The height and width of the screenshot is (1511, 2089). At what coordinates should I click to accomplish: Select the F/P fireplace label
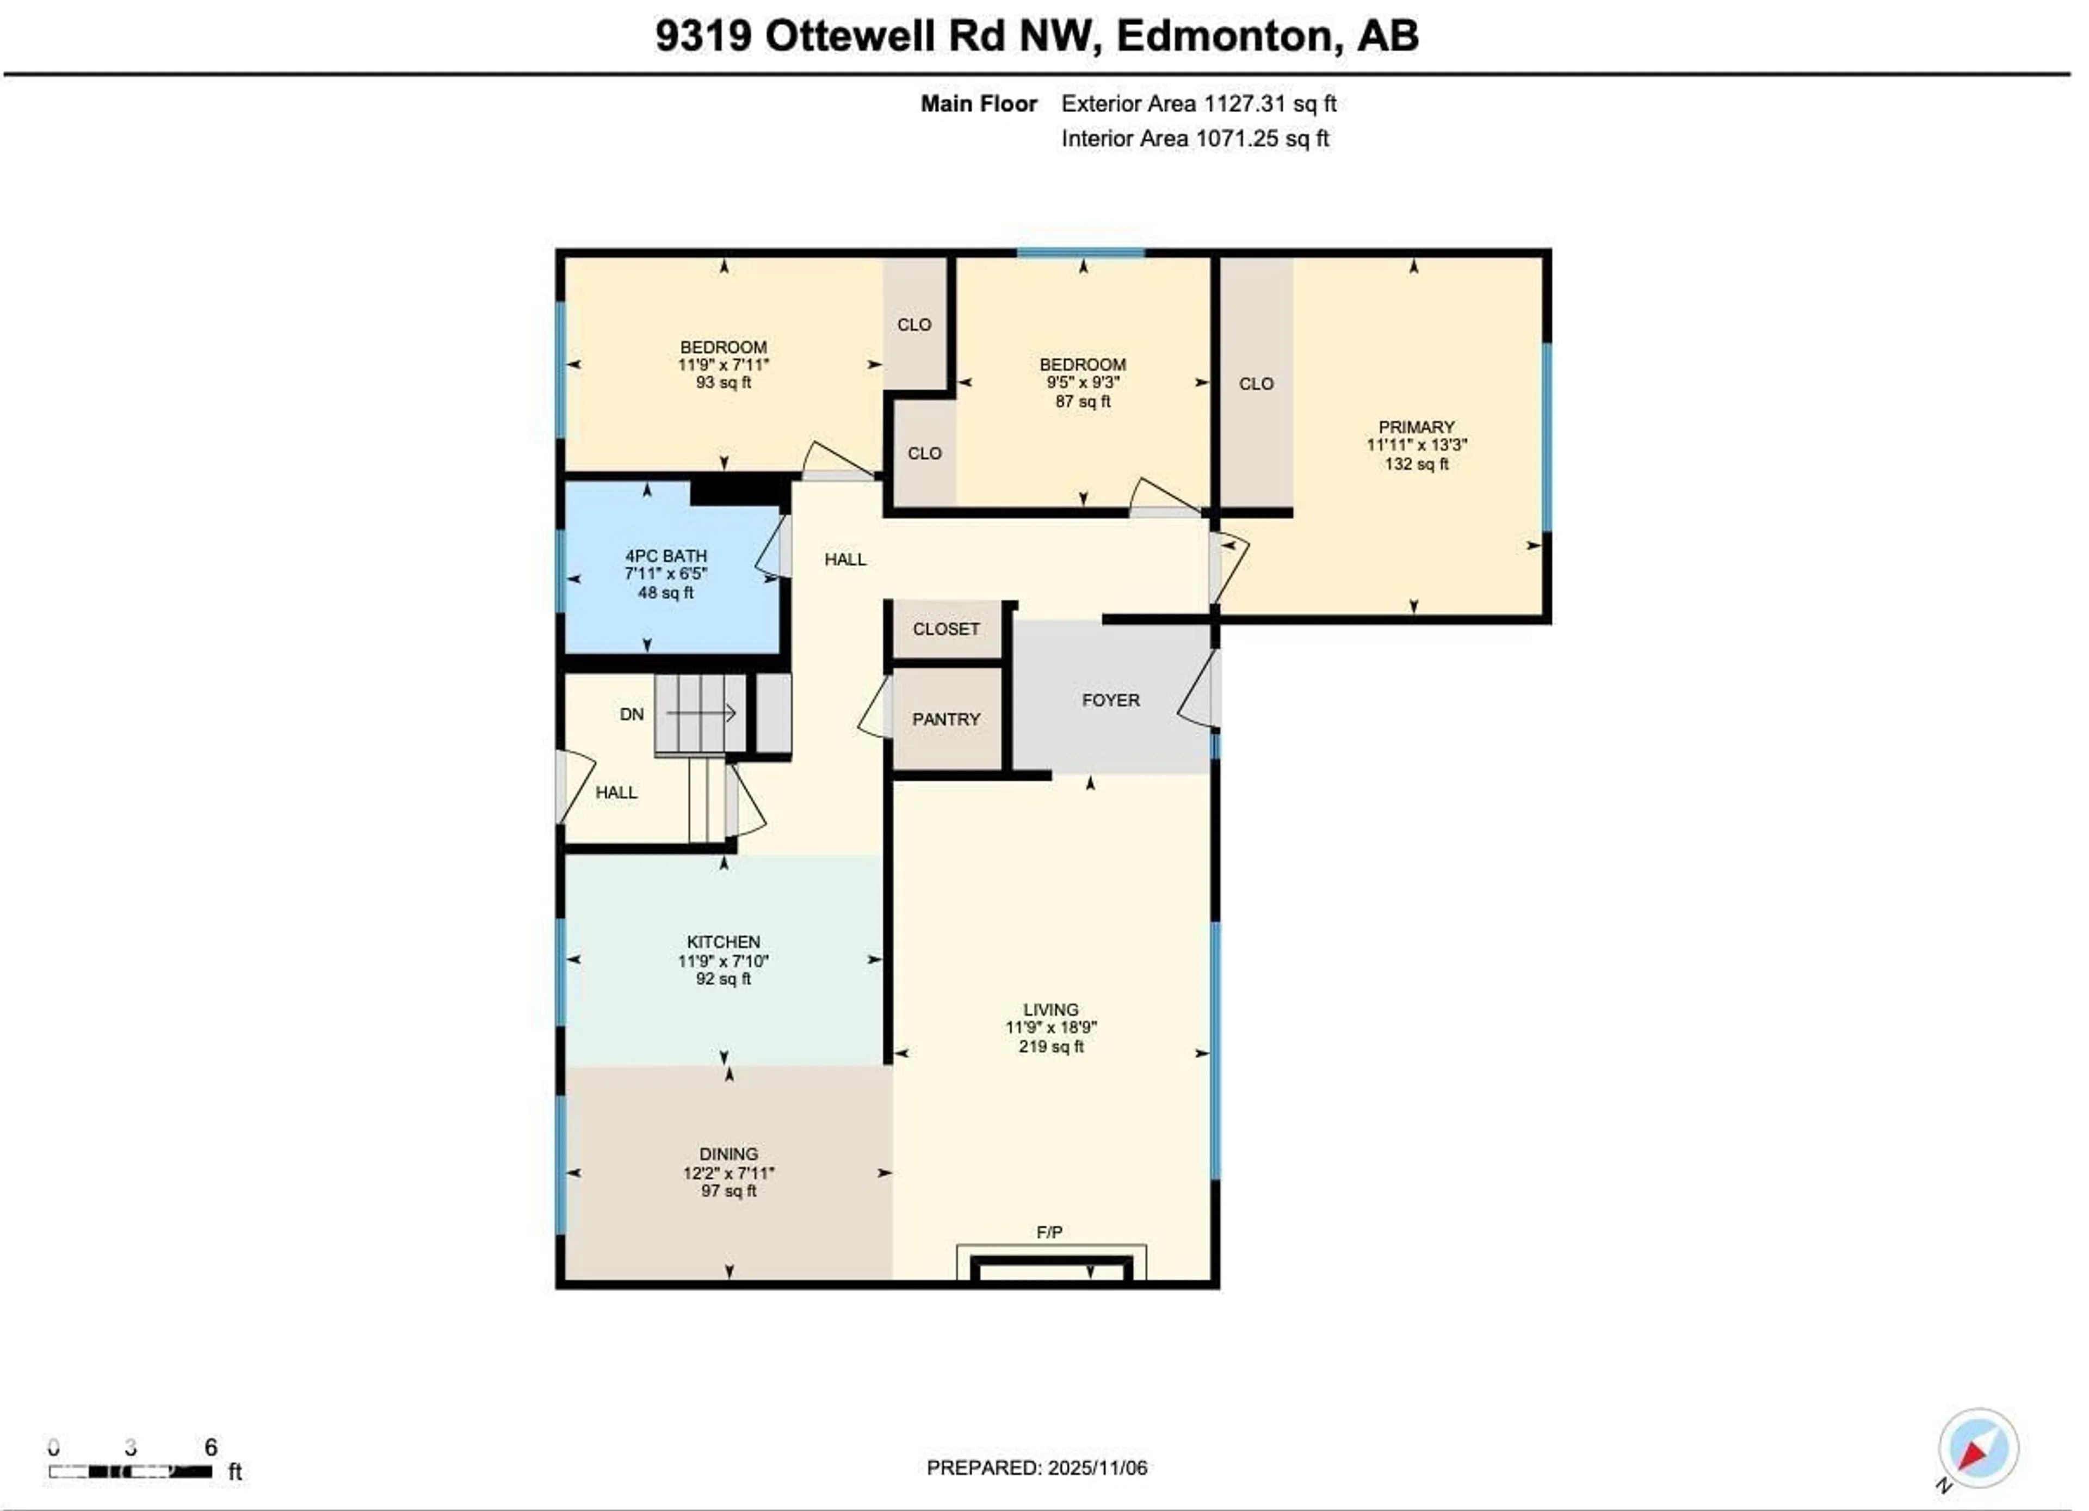1049,1232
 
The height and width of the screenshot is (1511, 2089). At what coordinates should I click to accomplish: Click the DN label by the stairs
631,714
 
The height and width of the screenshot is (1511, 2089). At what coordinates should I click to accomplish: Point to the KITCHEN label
723,942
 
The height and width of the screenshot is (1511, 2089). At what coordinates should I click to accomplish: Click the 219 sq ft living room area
1051,1047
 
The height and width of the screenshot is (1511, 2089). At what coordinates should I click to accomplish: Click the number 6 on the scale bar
211,1447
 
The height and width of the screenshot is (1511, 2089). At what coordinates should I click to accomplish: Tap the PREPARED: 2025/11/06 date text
1037,1467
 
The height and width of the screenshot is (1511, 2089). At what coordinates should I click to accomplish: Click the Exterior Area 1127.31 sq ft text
1198,104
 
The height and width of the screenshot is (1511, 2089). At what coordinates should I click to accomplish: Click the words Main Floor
979,104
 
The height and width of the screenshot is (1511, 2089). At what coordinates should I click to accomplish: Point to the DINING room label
728,1153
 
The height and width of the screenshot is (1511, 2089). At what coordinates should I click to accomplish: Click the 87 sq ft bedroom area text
1083,402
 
